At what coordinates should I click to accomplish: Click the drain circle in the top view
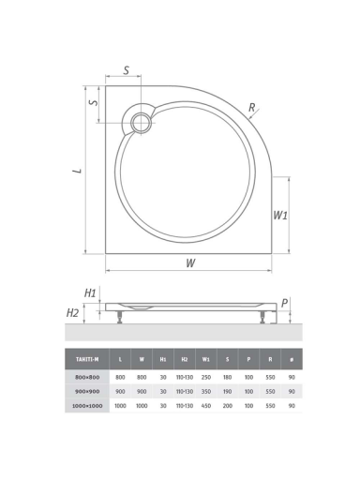pyautogui.click(x=142, y=123)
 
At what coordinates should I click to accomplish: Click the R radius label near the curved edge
pyautogui.click(x=251, y=108)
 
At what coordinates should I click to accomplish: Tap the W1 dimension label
pyautogui.click(x=280, y=216)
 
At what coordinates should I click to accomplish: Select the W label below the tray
pyautogui.click(x=190, y=262)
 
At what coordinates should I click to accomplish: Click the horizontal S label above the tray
pyautogui.click(x=126, y=70)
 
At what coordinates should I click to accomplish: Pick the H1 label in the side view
pyautogui.click(x=90, y=293)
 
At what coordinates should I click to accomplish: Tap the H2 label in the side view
pyautogui.click(x=72, y=312)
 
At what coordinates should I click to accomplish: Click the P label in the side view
pyautogui.click(x=284, y=303)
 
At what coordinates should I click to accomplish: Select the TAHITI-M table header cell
pyautogui.click(x=87, y=359)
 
